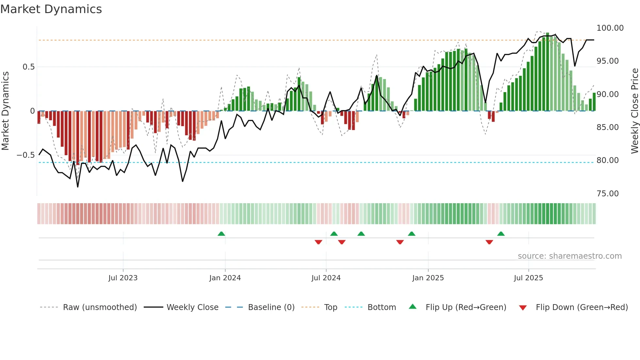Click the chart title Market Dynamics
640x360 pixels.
click(x=51, y=9)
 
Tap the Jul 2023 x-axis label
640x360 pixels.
click(x=123, y=278)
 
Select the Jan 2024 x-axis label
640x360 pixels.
click(x=225, y=278)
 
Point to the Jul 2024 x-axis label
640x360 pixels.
click(x=326, y=278)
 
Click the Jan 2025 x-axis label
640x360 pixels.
click(x=428, y=278)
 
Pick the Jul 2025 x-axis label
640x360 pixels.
click(x=528, y=278)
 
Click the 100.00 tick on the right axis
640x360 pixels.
click(x=610, y=28)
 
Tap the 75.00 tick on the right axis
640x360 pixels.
click(x=607, y=194)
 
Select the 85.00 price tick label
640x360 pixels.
click(x=607, y=127)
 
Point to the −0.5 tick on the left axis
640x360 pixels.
click(x=25, y=155)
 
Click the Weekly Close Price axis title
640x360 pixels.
click(x=634, y=111)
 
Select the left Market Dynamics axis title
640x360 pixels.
click(x=5, y=111)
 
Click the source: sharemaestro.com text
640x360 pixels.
click(x=569, y=256)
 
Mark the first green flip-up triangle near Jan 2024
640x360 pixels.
click(x=221, y=234)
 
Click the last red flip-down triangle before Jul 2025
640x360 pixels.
click(x=489, y=242)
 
